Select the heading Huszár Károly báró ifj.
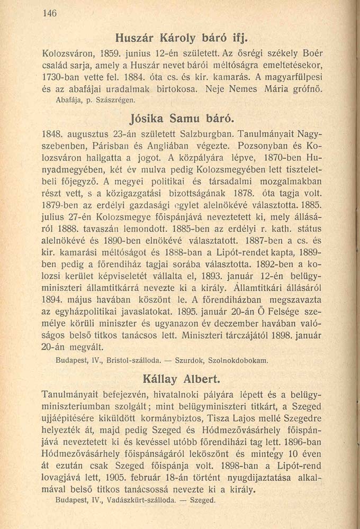tap(181, 39)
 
